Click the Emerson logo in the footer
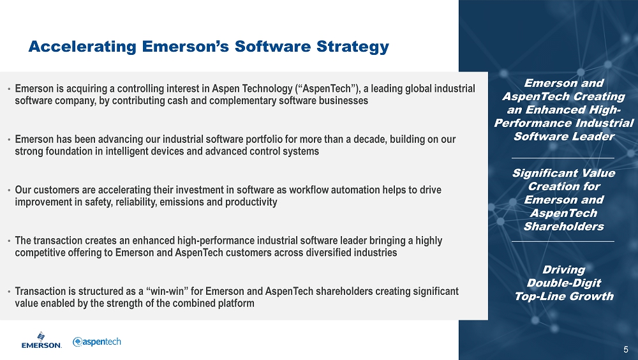41,340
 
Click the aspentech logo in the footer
97,341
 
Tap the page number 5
626,349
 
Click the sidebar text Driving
564,269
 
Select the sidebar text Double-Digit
564,283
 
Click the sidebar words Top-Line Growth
564,296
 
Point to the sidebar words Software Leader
564,137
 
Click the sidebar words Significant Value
564,174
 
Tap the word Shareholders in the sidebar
564,227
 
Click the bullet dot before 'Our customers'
8,191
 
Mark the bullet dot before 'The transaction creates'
8,241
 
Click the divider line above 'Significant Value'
563,158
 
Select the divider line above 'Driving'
563,241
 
